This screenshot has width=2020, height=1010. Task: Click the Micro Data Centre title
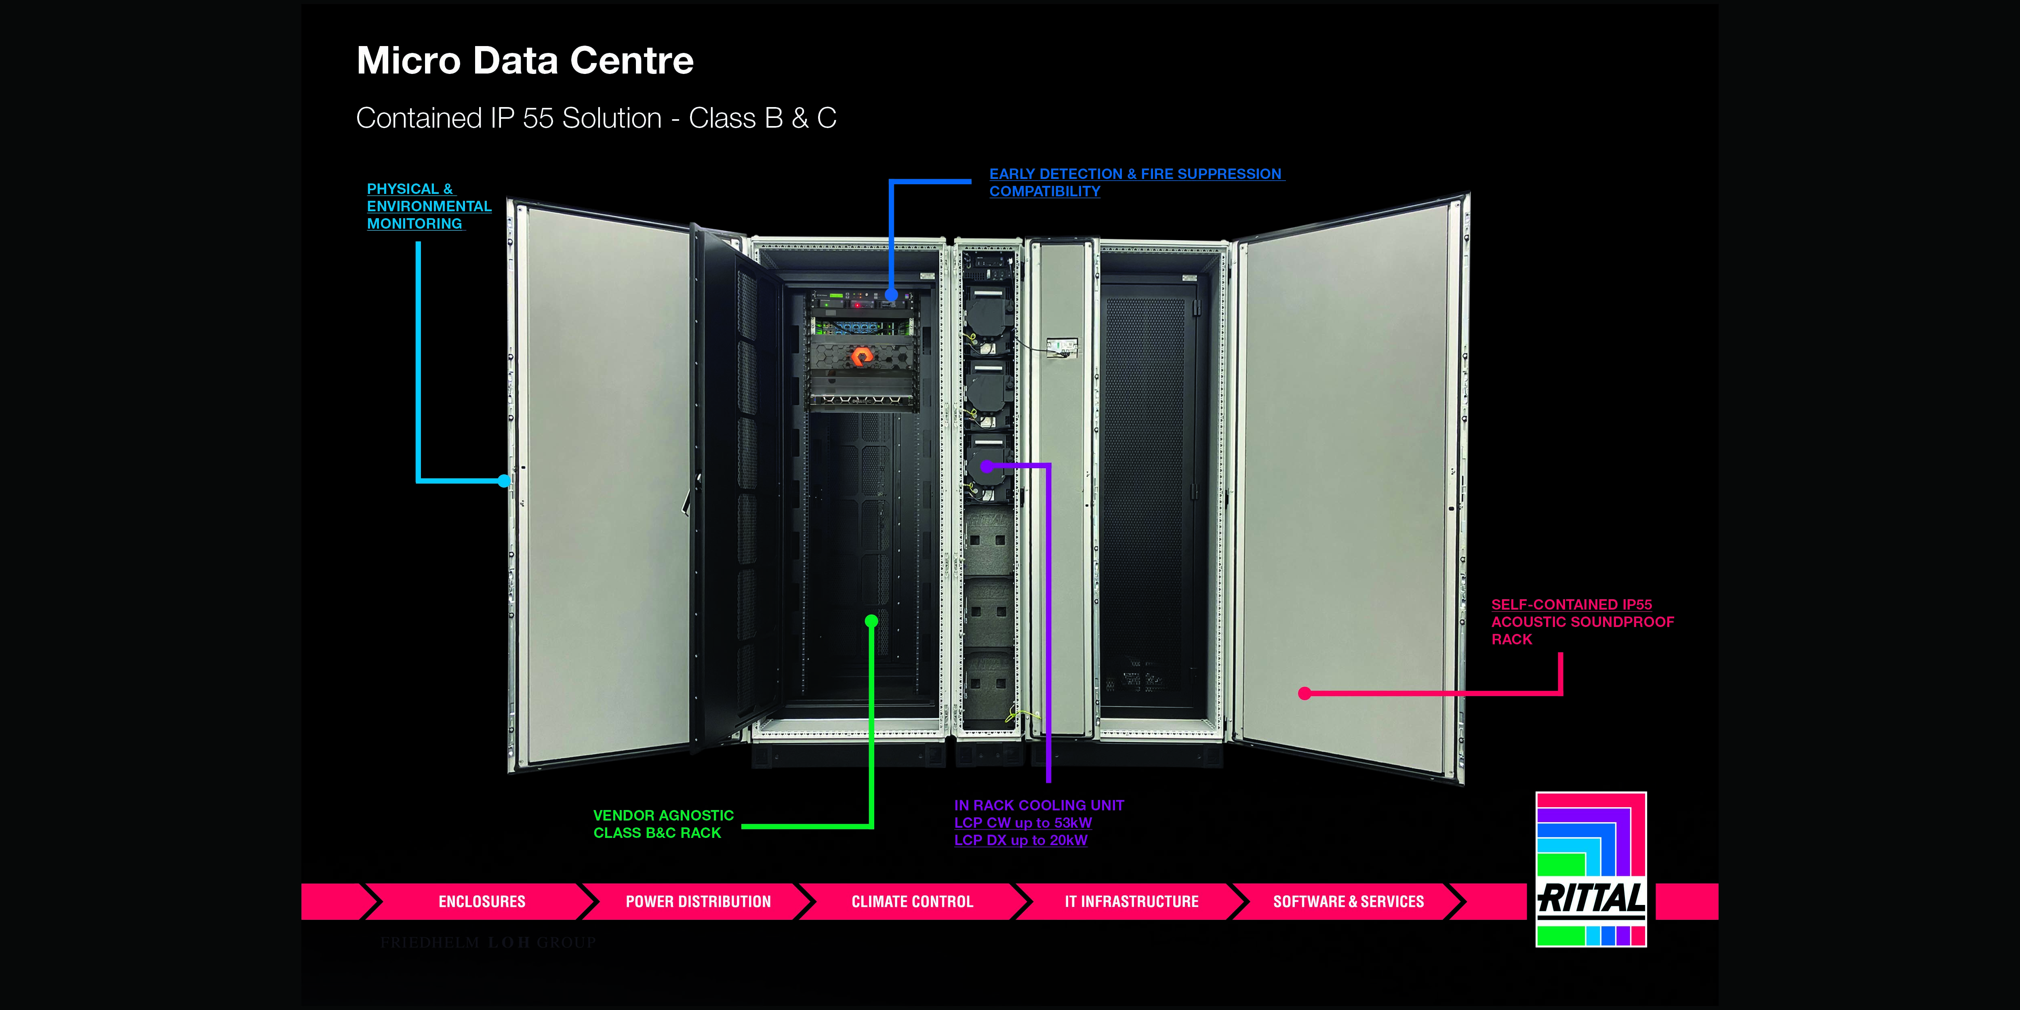pos(525,61)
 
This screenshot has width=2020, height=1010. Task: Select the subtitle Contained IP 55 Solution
pos(596,118)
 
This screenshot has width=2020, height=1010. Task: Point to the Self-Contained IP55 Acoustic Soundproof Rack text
pos(1582,622)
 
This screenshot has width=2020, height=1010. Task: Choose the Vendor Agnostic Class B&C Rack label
pos(663,824)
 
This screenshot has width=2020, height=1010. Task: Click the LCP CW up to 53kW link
pos(1023,823)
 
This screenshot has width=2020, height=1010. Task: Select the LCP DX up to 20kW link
pos(1020,840)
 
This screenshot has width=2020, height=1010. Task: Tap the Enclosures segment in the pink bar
pos(482,902)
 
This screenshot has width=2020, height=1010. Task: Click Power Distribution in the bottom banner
pos(698,902)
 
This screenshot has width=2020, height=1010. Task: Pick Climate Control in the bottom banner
pos(912,902)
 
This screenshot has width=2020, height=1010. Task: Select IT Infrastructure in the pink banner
pos(1131,902)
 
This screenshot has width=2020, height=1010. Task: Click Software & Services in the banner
pos(1348,902)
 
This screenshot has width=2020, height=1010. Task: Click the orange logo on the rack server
pos(861,357)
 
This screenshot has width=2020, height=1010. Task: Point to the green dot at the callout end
pos(871,621)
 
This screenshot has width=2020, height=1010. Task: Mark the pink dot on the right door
pos(1304,693)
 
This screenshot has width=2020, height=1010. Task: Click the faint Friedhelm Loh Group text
pos(488,943)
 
